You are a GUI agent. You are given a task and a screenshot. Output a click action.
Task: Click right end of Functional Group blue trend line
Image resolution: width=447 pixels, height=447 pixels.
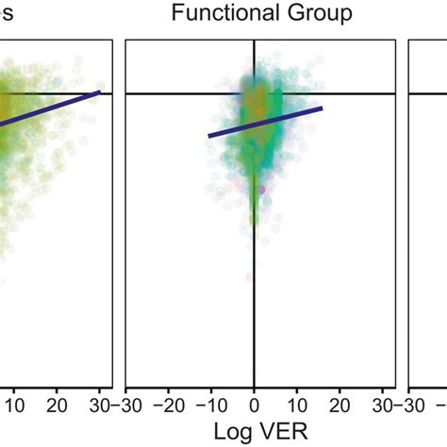click(323, 108)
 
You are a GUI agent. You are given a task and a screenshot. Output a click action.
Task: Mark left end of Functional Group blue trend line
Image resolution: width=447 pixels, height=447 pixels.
click(209, 136)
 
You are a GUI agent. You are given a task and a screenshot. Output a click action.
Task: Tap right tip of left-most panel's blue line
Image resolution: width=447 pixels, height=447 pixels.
click(100, 91)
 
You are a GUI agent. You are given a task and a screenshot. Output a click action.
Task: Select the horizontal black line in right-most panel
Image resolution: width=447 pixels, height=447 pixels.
click(428, 93)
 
